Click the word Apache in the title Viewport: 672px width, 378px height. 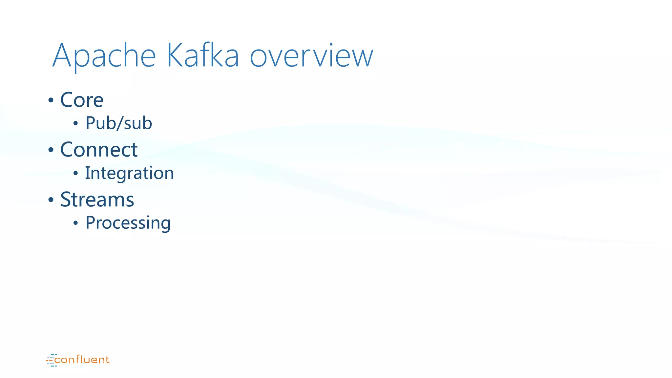pyautogui.click(x=104, y=56)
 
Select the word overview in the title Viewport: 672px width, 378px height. pyautogui.click(x=311, y=56)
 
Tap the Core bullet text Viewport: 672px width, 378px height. pyautogui.click(x=82, y=100)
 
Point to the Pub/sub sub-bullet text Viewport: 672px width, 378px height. pyautogui.click(x=119, y=123)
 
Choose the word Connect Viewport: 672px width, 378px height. pyautogui.click(x=99, y=150)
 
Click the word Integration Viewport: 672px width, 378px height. pyautogui.click(x=129, y=173)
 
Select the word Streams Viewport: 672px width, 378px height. pyautogui.click(x=97, y=199)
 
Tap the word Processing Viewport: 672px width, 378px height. pyautogui.click(x=128, y=223)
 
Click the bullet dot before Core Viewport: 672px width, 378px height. pyautogui.click(x=51, y=100)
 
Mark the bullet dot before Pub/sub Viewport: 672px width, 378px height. pyautogui.click(x=76, y=124)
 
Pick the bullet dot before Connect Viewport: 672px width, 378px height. pyautogui.click(x=51, y=150)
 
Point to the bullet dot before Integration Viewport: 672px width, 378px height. pyautogui.click(x=76, y=173)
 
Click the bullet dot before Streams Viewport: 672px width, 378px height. pyautogui.click(x=51, y=200)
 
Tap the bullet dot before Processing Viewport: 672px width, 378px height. pyautogui.click(x=76, y=223)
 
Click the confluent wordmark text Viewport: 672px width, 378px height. pyautogui.click(x=82, y=360)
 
